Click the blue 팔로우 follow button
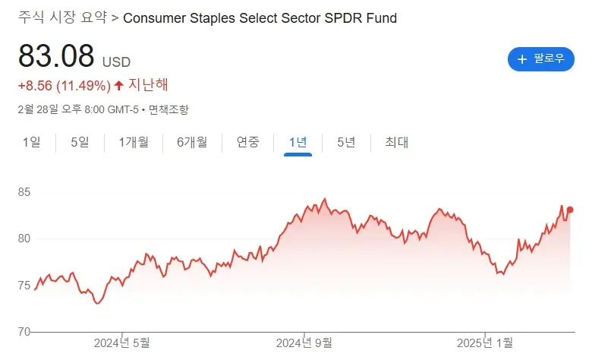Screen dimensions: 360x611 point(540,58)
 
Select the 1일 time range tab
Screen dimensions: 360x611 point(32,142)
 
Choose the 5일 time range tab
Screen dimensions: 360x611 point(80,142)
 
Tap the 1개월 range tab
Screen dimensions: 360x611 point(134,142)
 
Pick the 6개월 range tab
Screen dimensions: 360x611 point(192,142)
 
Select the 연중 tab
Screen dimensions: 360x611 point(248,142)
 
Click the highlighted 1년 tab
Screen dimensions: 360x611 point(298,142)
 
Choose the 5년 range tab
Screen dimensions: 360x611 point(346,142)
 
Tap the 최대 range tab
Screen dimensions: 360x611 point(397,142)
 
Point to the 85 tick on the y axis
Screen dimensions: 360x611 point(25,193)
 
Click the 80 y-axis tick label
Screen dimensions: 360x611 point(25,238)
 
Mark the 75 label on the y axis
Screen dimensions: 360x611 point(25,286)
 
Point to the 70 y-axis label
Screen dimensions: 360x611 point(25,332)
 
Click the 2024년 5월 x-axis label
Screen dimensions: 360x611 point(122,343)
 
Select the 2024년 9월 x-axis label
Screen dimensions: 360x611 point(304,343)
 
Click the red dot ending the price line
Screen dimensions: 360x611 point(570,210)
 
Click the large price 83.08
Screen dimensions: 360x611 point(56,55)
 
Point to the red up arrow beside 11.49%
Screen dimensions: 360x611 point(119,85)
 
